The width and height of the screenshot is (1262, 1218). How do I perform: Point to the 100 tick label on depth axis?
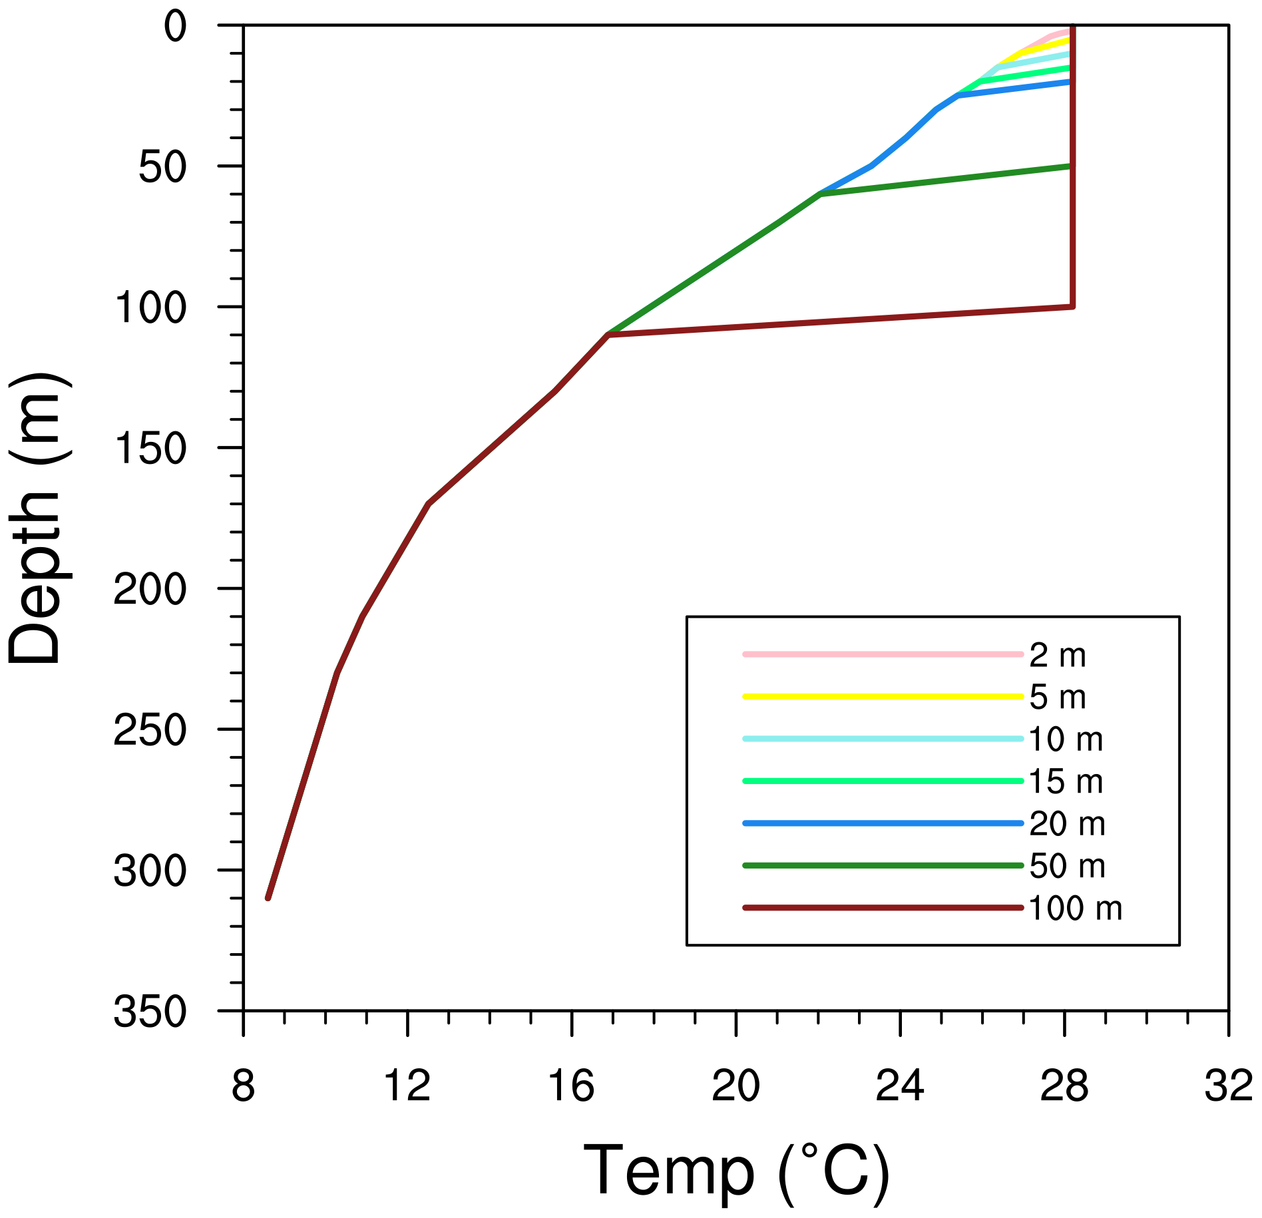(x=150, y=308)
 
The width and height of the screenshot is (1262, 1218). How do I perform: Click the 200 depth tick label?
(x=150, y=590)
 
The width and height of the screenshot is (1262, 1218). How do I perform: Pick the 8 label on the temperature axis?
(x=243, y=1086)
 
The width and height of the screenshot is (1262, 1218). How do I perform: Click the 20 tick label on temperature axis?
(x=736, y=1086)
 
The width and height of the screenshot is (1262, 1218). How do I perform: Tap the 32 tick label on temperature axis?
(x=1229, y=1086)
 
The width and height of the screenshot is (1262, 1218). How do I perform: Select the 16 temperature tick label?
(x=571, y=1086)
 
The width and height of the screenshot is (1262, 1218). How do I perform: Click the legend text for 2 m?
(x=1057, y=656)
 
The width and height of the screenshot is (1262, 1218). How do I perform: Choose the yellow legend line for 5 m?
(x=883, y=697)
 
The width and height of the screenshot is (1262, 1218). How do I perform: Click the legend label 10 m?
(x=1066, y=740)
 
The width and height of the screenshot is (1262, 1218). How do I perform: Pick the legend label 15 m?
(x=1066, y=782)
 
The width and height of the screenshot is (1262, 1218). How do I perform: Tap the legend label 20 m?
(x=1067, y=825)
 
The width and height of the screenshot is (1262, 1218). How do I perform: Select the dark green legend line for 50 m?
(x=883, y=866)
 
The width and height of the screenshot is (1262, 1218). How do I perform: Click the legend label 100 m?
(x=1075, y=909)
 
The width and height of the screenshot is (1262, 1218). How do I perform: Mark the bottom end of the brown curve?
(x=268, y=898)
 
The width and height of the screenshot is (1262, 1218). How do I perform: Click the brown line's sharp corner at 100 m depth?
(x=1072, y=306)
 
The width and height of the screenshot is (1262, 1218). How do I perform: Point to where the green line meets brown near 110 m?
(x=608, y=334)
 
